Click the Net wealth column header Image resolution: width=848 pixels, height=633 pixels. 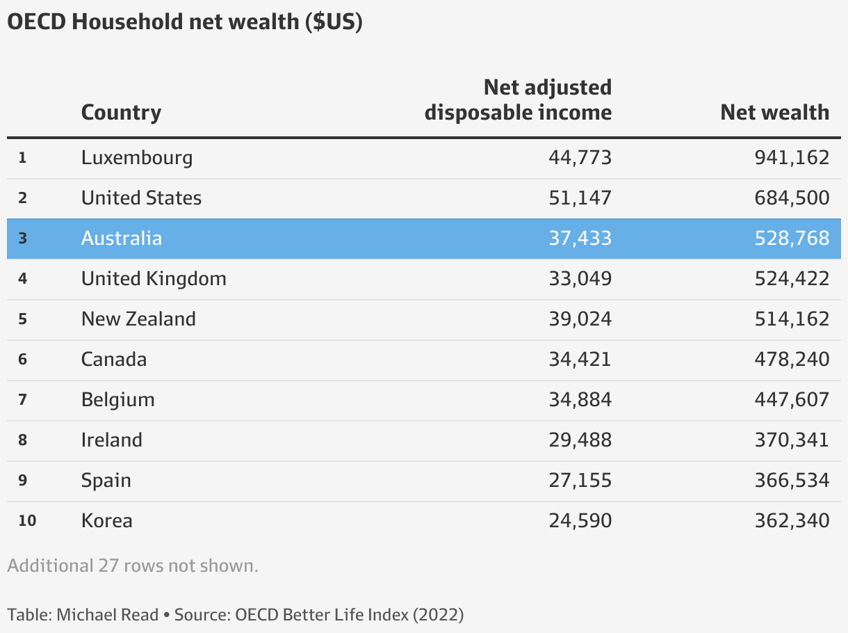coord(774,112)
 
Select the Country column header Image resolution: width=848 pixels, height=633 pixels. coord(121,112)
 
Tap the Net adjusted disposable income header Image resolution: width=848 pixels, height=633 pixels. coord(518,99)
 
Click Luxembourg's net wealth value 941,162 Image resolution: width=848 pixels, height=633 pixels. coord(792,157)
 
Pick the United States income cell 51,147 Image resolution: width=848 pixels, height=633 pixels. coord(580,198)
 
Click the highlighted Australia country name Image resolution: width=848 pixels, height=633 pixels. coord(122,238)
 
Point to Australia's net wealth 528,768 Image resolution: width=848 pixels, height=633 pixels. coord(792,238)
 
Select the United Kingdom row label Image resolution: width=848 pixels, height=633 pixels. coord(154,278)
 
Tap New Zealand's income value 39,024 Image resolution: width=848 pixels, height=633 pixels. coord(580,319)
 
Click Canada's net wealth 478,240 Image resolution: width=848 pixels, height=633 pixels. coord(792,359)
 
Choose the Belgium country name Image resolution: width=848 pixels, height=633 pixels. coord(117,399)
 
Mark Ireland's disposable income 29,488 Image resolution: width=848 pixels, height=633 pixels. coord(580,440)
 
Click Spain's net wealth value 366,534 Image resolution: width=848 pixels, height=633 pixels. coord(792,480)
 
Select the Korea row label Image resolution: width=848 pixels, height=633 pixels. coord(106,520)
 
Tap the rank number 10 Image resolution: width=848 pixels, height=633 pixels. coord(27,520)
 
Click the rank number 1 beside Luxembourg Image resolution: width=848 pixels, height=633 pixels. coord(22,157)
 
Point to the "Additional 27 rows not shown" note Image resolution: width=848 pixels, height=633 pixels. coord(133,566)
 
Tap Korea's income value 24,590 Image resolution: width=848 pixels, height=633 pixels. coord(580,520)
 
